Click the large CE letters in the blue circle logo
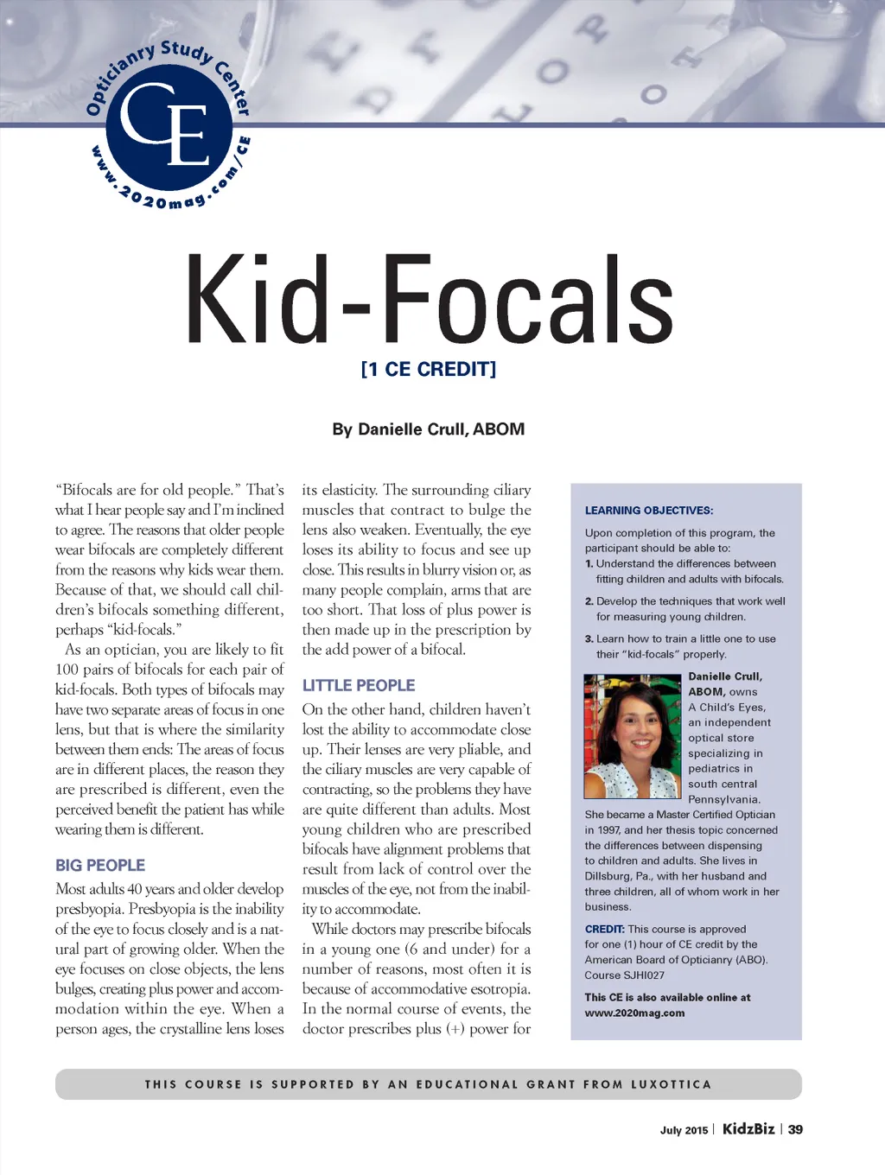[x=167, y=124]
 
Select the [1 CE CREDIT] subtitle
[x=429, y=370]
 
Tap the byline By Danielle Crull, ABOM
[x=428, y=429]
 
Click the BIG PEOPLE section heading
[x=100, y=865]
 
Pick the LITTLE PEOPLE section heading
[x=359, y=685]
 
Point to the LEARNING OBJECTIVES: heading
[x=649, y=511]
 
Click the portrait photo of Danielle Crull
[x=633, y=737]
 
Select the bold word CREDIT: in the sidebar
[x=604, y=930]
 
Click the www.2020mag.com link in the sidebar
[x=634, y=1013]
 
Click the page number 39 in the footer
[x=795, y=1129]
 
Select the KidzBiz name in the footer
[x=748, y=1128]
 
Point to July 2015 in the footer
[x=684, y=1130]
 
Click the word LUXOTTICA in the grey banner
[x=671, y=1084]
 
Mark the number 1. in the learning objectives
[x=589, y=564]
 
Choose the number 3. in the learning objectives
[x=589, y=639]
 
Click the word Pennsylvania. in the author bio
[x=724, y=799]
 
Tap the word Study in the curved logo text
[x=185, y=51]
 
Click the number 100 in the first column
[x=67, y=670]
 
